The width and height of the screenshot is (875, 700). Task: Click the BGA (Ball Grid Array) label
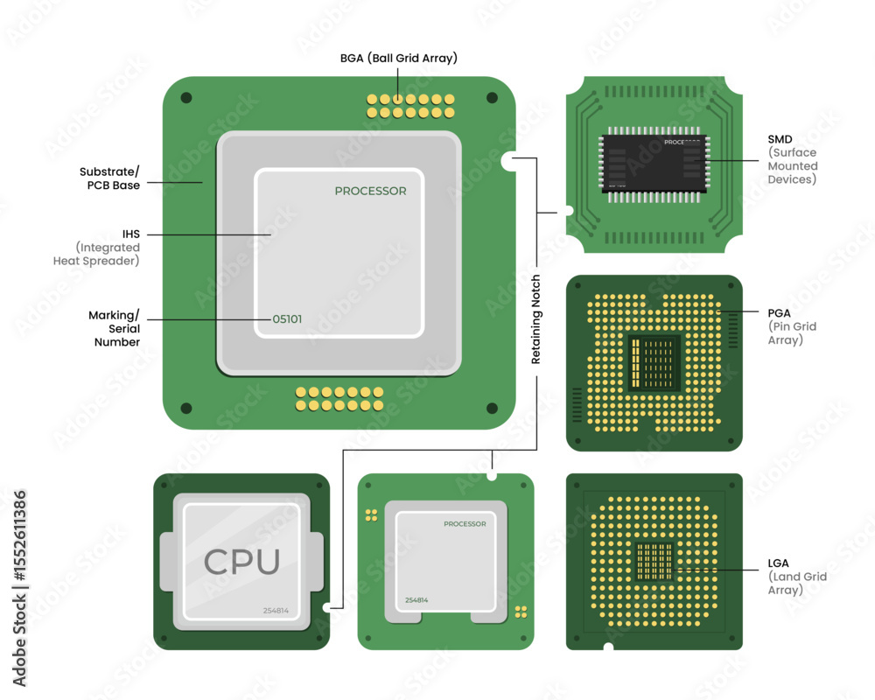(398, 58)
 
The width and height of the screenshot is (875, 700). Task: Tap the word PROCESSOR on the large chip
(370, 191)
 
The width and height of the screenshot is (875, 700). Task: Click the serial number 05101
(287, 319)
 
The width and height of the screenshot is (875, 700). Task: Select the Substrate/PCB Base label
(109, 178)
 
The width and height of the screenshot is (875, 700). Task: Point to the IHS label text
(131, 234)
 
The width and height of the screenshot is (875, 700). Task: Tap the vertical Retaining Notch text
(535, 319)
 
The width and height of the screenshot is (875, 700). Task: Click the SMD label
(780, 139)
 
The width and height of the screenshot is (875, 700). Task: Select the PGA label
(779, 312)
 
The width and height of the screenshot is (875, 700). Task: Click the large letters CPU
(241, 562)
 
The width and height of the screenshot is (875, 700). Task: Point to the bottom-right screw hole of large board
(492, 408)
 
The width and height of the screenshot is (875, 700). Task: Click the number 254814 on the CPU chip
(276, 610)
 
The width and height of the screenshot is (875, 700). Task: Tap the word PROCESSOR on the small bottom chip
(465, 524)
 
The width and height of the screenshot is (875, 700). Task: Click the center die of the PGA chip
(654, 362)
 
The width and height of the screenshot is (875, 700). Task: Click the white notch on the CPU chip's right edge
(325, 607)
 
